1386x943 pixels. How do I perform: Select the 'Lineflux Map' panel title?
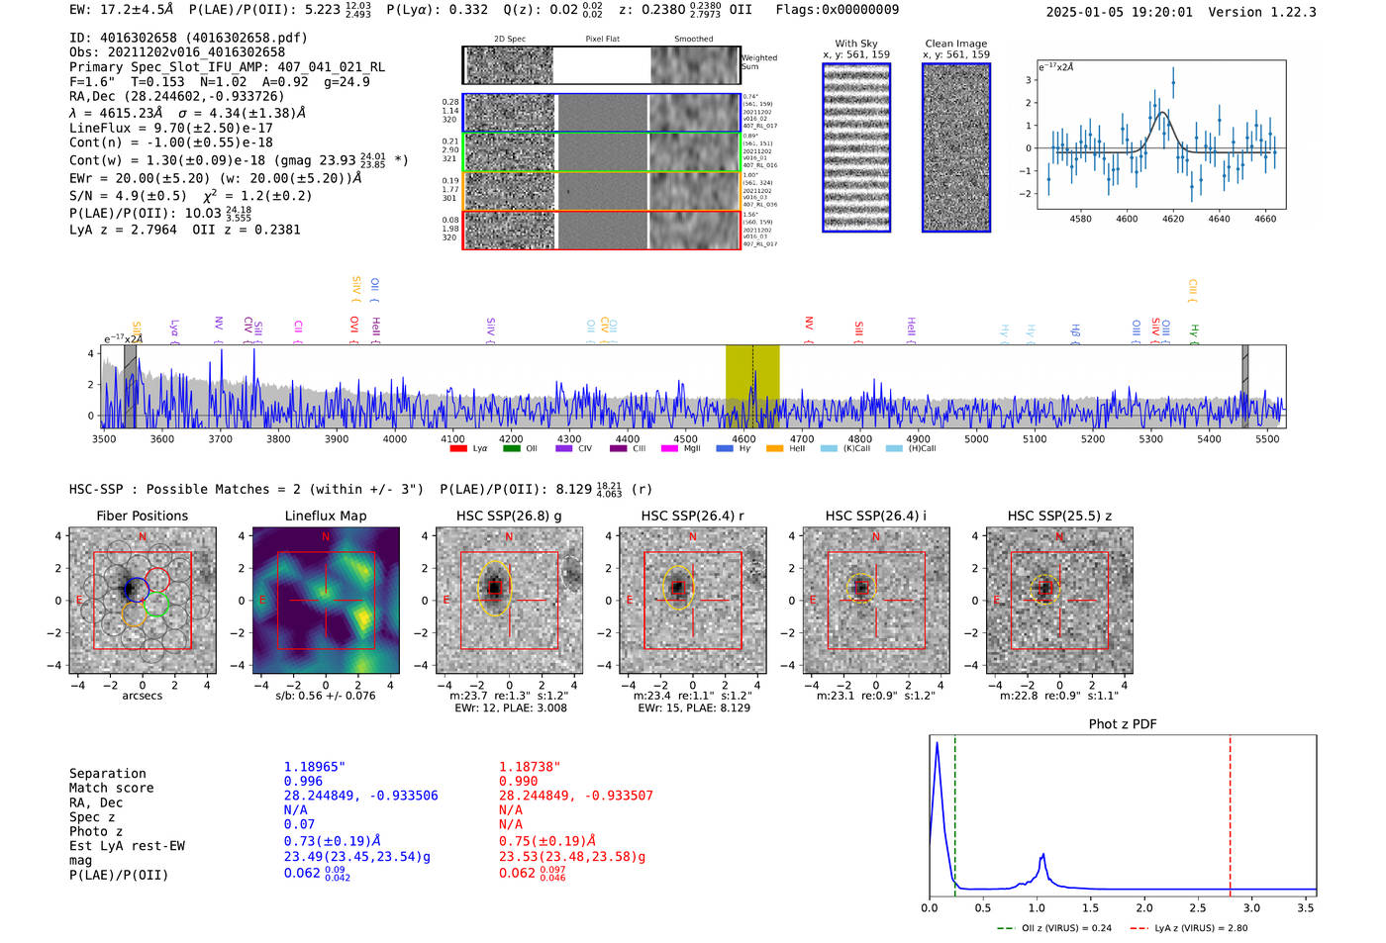pyautogui.click(x=325, y=516)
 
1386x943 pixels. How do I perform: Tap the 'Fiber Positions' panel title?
pyautogui.click(x=142, y=516)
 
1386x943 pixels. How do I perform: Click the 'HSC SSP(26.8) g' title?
pyautogui.click(x=509, y=516)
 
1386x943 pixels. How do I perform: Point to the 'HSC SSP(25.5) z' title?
pyautogui.click(x=1059, y=516)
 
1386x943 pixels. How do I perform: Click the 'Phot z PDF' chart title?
pyautogui.click(x=1123, y=724)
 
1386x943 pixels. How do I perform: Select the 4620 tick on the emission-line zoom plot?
pyautogui.click(x=1173, y=219)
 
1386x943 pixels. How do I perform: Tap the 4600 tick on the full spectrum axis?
pyautogui.click(x=743, y=439)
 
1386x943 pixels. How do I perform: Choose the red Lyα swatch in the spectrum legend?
pyautogui.click(x=458, y=449)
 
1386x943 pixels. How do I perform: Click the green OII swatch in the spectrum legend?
pyautogui.click(x=512, y=449)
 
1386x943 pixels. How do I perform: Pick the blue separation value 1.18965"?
pyautogui.click(x=315, y=767)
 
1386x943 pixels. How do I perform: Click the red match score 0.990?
pyautogui.click(x=519, y=782)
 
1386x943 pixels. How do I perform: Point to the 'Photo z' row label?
pyautogui.click(x=96, y=831)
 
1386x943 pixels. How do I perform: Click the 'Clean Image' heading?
pyautogui.click(x=955, y=44)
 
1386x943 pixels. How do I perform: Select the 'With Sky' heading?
pyautogui.click(x=856, y=44)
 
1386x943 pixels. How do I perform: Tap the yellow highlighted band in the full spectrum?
pyautogui.click(x=752, y=386)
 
